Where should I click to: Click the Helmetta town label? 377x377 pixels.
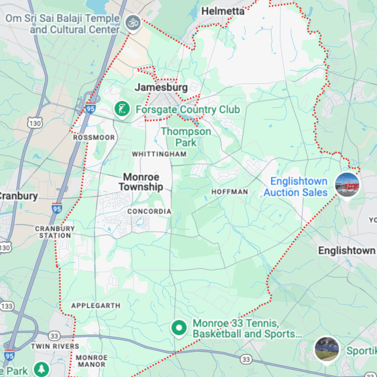click(x=223, y=11)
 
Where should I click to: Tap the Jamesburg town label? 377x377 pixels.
click(x=161, y=87)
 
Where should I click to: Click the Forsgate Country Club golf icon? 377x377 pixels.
click(x=122, y=109)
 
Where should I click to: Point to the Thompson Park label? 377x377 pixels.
click(x=186, y=137)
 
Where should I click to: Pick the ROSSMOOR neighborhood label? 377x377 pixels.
click(x=94, y=138)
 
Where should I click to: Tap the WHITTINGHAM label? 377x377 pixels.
click(x=159, y=154)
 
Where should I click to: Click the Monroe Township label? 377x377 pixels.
click(x=141, y=182)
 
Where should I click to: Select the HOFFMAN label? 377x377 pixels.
click(x=230, y=192)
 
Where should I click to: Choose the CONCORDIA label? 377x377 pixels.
click(x=149, y=211)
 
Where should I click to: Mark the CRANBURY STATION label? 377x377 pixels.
click(x=55, y=232)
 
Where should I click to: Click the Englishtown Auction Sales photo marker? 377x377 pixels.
click(x=347, y=185)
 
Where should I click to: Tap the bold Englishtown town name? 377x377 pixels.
click(x=346, y=250)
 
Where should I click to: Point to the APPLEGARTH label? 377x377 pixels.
click(x=96, y=305)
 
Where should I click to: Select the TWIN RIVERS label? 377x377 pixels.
click(x=55, y=346)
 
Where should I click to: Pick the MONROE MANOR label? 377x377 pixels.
click(x=92, y=361)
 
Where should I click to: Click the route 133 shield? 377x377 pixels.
click(x=7, y=306)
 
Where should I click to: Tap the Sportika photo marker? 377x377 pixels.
click(x=326, y=349)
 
